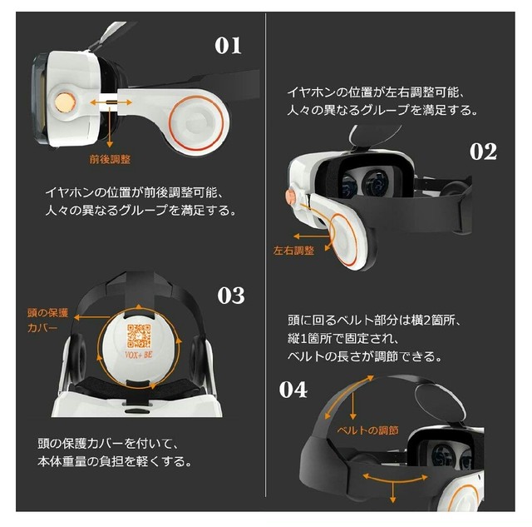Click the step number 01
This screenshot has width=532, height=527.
click(228, 46)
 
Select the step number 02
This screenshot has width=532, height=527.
click(483, 152)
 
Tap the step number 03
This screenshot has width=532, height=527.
click(231, 295)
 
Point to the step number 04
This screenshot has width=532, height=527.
click(293, 390)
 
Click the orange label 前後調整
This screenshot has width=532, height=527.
click(110, 159)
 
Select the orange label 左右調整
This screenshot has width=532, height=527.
click(293, 251)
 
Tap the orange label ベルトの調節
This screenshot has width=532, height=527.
click(367, 430)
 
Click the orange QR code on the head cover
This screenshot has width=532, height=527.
click(139, 336)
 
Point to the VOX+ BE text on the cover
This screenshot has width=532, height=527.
click(139, 355)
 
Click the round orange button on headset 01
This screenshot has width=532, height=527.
click(65, 102)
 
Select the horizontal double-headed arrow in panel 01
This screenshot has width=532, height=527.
click(111, 102)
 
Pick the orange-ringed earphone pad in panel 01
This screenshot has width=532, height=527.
click(197, 122)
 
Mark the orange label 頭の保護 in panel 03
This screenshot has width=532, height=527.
click(48, 313)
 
